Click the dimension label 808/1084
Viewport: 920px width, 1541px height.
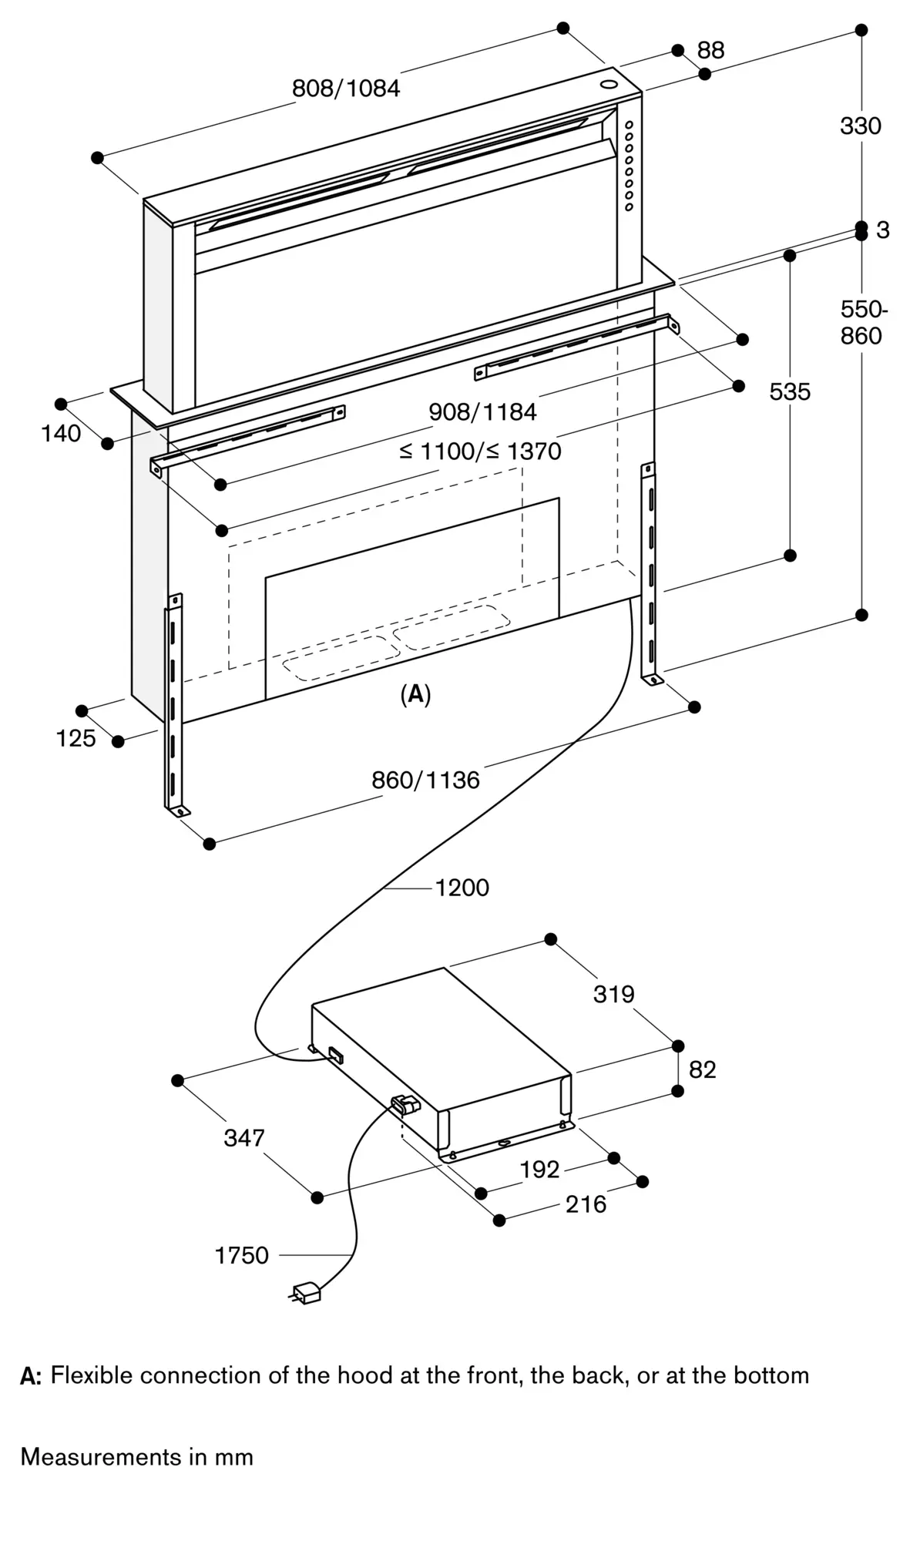point(346,89)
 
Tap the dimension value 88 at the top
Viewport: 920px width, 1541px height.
point(710,51)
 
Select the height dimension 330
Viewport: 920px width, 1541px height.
point(860,126)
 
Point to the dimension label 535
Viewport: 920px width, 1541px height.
point(790,392)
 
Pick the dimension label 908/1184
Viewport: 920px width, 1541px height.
point(482,412)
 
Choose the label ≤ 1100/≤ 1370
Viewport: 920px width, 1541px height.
point(480,452)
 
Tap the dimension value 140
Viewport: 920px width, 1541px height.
point(61,434)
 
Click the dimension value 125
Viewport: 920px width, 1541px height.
point(76,739)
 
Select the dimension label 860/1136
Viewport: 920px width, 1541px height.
point(425,781)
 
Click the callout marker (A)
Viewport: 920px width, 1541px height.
point(415,694)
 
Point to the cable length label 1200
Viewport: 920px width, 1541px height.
point(462,888)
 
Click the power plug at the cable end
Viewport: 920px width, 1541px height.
point(306,1292)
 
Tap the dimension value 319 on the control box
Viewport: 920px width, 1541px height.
point(613,995)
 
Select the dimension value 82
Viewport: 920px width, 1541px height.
point(702,1069)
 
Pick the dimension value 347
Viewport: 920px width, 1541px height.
point(243,1138)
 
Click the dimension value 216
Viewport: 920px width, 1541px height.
point(586,1204)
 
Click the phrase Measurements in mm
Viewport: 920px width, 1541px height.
point(136,1457)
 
